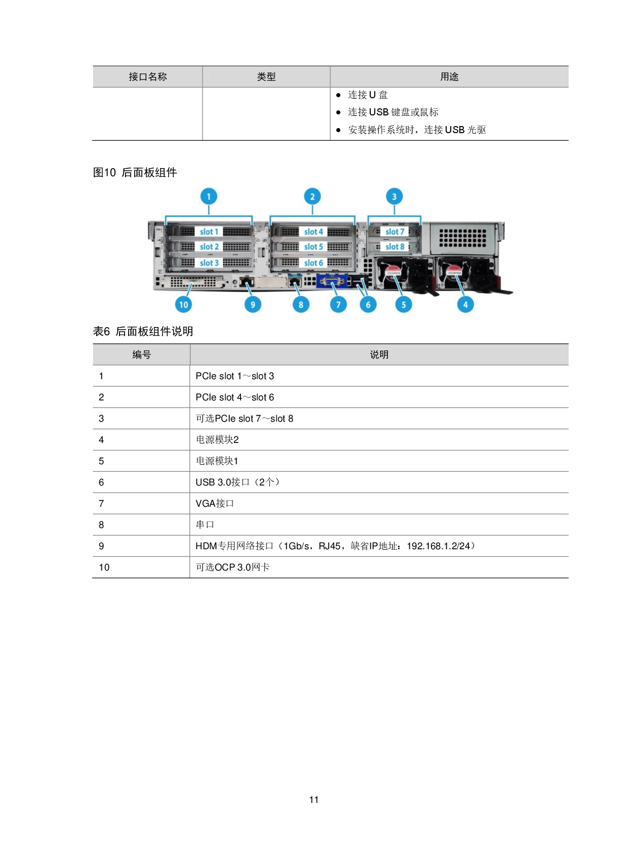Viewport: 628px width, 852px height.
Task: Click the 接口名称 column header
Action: (147, 77)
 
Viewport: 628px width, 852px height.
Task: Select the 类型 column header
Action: (266, 77)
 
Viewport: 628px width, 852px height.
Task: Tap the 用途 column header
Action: (449, 77)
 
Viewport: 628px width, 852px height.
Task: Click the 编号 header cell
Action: (141, 355)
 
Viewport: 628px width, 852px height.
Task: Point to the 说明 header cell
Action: (379, 355)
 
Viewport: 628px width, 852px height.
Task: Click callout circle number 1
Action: (209, 196)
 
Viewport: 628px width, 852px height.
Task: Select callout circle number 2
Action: (312, 196)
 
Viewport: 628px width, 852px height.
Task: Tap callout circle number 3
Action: (395, 196)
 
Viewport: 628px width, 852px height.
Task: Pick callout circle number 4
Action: (465, 304)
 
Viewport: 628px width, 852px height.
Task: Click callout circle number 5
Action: (404, 304)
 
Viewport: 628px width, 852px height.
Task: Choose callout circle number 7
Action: (338, 304)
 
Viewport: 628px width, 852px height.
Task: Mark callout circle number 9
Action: (253, 304)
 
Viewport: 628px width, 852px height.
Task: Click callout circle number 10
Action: (183, 304)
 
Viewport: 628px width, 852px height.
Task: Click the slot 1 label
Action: (209, 232)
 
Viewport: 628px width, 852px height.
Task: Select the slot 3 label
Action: (209, 263)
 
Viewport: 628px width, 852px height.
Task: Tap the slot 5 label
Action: (313, 247)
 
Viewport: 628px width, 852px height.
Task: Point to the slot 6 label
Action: (313, 263)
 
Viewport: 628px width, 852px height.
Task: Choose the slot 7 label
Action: (395, 232)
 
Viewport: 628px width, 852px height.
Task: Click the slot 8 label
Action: (395, 247)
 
